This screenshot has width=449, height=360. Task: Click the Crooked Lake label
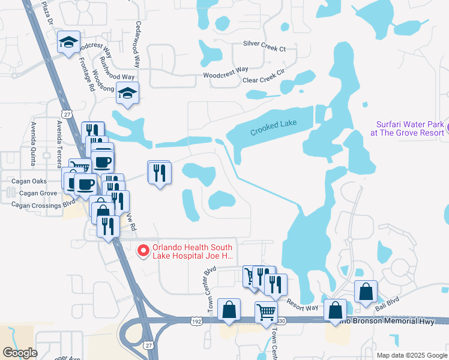pyautogui.click(x=273, y=128)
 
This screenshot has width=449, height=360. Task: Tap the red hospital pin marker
pyautogui.click(x=143, y=251)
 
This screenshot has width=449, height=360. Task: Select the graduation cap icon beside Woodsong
pyautogui.click(x=127, y=93)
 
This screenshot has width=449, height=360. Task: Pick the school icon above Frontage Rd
pyautogui.click(x=69, y=43)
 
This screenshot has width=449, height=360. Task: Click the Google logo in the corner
pyautogui.click(x=20, y=352)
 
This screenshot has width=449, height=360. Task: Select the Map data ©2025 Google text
pyautogui.click(x=411, y=355)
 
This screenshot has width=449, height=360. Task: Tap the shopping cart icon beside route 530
pyautogui.click(x=266, y=311)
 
